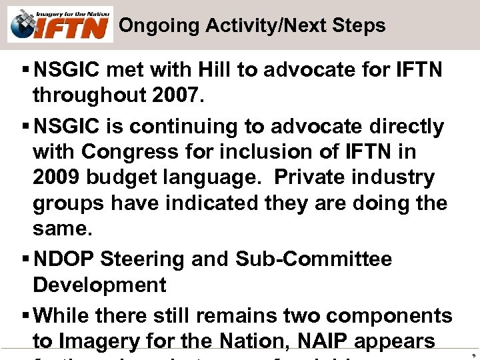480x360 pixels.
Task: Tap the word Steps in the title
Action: pos(359,26)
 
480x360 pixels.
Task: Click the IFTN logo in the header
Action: pos(61,25)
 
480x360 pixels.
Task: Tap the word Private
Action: pos(309,178)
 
